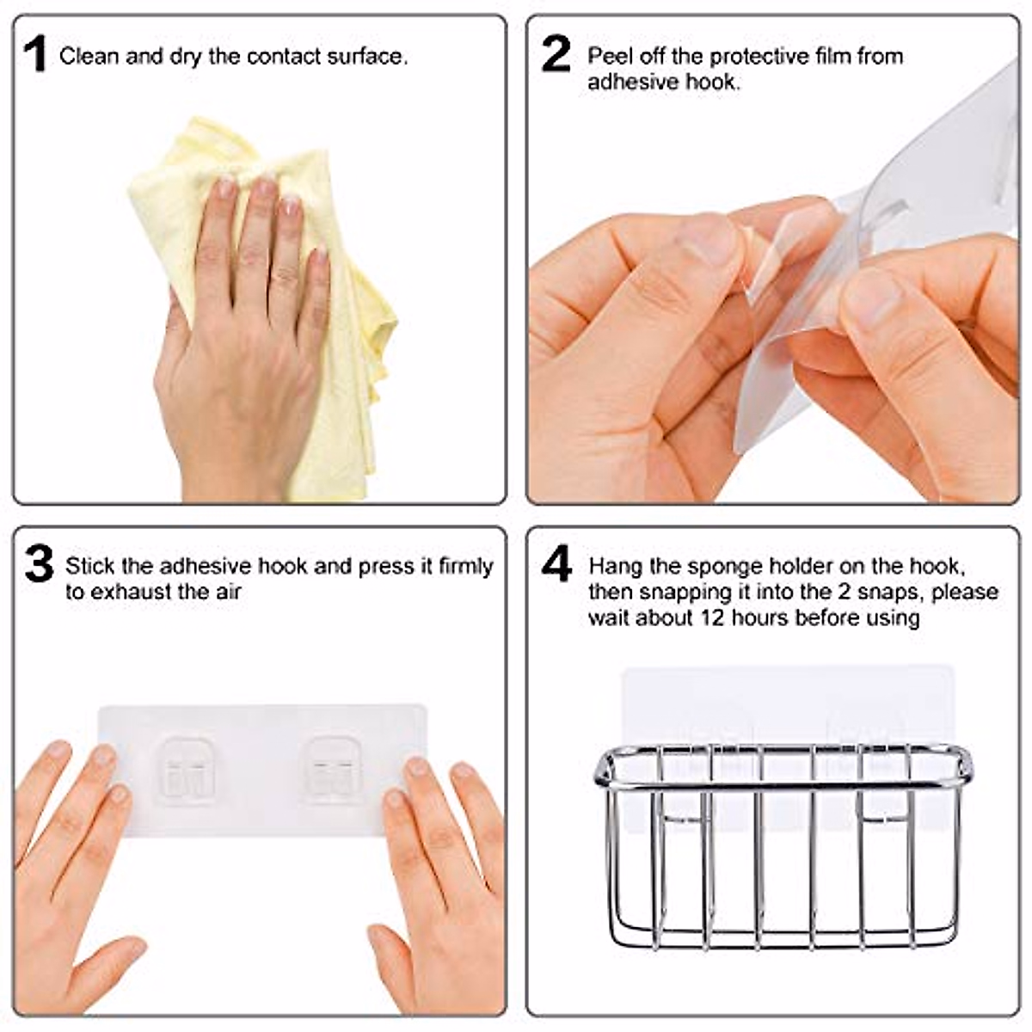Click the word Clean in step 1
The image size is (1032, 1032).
pyautogui.click(x=89, y=57)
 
